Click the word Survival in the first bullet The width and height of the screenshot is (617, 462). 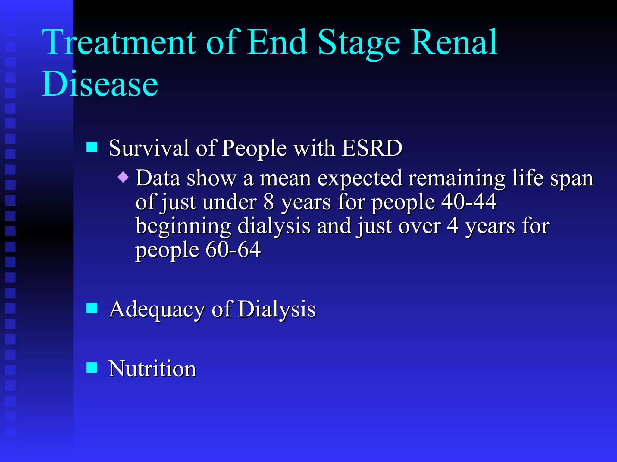coord(149,148)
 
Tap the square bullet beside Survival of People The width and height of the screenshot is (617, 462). coord(92,147)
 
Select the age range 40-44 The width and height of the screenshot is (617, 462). coord(469,202)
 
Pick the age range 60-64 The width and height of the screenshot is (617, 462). coord(233,249)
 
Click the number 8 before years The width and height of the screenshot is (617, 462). coord(268,202)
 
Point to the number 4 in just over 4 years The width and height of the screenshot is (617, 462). coord(452,226)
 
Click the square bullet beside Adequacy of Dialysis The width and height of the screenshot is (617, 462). coord(92,308)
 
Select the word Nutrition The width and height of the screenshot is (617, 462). coord(152,369)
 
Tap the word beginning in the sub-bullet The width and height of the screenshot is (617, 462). coord(183,226)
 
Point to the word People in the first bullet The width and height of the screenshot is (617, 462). coord(254,148)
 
